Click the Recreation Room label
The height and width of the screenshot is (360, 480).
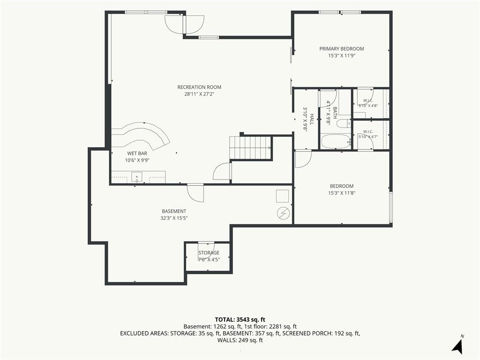(199, 87)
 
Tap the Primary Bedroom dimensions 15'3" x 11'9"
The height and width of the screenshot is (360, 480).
(342, 56)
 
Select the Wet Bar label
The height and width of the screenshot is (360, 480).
(137, 153)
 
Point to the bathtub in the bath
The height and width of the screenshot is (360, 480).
(336, 142)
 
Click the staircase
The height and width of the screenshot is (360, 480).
(251, 148)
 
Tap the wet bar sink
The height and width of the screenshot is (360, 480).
(137, 177)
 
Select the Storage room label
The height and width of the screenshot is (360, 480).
(209, 253)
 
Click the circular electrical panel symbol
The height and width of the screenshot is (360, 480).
(283, 213)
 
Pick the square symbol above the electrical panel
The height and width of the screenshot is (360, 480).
(283, 196)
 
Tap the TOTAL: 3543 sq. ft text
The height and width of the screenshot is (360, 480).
(240, 320)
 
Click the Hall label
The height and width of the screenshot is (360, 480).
(312, 120)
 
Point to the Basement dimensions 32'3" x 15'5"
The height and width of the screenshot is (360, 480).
(174, 218)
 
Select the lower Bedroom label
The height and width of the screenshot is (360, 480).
(342, 186)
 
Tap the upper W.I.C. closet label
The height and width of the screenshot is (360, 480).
(368, 101)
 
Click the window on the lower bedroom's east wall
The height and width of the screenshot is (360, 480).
(390, 207)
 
